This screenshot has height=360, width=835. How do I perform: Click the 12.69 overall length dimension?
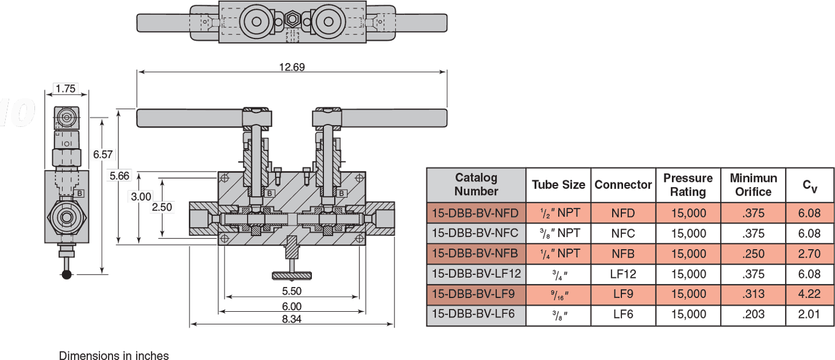click(292, 67)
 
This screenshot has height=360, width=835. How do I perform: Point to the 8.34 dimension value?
click(292, 319)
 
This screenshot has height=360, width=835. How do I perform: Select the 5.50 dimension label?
click(292, 291)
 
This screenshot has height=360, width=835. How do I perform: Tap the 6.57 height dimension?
click(104, 154)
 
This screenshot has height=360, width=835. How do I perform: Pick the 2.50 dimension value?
click(162, 207)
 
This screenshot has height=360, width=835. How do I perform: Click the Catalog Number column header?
click(476, 184)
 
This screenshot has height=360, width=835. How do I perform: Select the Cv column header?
click(810, 185)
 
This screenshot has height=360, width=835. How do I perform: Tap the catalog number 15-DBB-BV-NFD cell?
click(476, 214)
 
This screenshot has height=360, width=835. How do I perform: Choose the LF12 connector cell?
click(623, 274)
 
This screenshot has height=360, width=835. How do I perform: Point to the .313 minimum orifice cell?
click(753, 294)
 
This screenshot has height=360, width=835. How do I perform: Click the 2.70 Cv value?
click(810, 254)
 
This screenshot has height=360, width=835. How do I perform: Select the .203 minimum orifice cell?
click(753, 314)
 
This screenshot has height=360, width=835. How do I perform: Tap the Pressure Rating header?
click(688, 184)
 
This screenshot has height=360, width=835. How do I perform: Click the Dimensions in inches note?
click(114, 356)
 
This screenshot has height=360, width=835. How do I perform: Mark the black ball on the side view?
click(67, 274)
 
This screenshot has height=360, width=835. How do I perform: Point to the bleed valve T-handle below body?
click(292, 274)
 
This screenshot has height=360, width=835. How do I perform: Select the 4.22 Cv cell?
click(810, 294)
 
